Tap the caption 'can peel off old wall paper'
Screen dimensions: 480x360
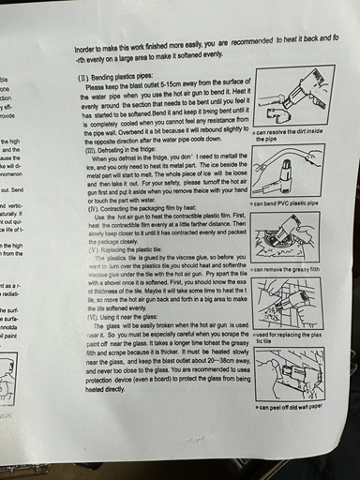[x=296, y=407]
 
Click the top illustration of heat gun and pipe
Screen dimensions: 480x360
[x=294, y=97]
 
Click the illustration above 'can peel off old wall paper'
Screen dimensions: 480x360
[x=295, y=375]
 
